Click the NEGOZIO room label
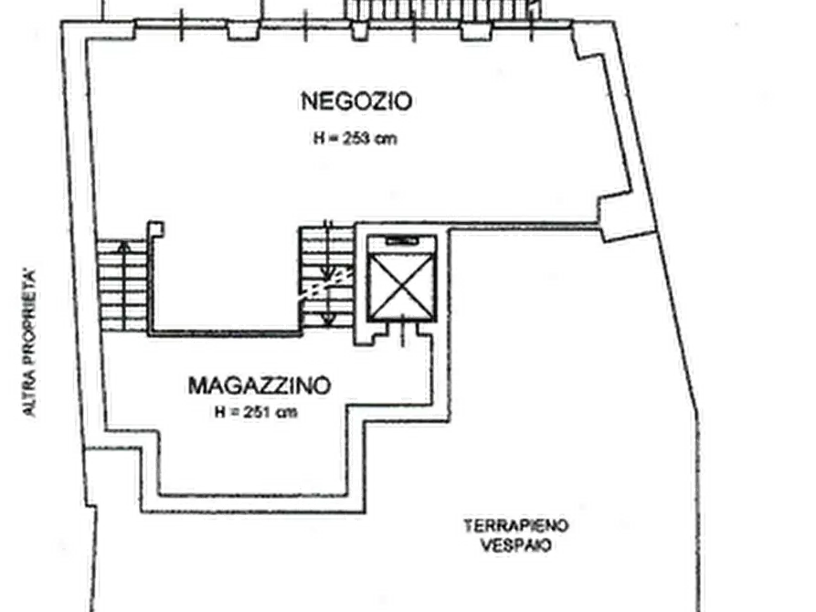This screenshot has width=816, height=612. pyautogui.click(x=356, y=101)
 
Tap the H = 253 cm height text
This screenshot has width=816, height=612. pyautogui.click(x=355, y=139)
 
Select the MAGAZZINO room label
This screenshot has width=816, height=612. pyautogui.click(x=260, y=385)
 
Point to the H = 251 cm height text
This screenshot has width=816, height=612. pyautogui.click(x=256, y=412)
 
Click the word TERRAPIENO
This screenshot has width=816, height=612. pyautogui.click(x=515, y=525)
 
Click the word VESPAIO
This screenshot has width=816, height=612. pyautogui.click(x=515, y=545)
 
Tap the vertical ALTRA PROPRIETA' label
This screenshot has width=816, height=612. pyautogui.click(x=29, y=342)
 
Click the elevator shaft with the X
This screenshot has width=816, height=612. pyautogui.click(x=402, y=280)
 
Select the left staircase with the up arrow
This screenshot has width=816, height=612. pyautogui.click(x=122, y=285)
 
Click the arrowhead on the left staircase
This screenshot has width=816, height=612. pyautogui.click(x=123, y=245)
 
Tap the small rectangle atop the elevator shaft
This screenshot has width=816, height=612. pyautogui.click(x=402, y=240)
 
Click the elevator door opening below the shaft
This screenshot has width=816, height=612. pyautogui.click(x=402, y=333)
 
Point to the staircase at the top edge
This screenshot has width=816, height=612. pyautogui.click(x=442, y=10)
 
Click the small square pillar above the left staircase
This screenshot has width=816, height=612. pyautogui.click(x=155, y=229)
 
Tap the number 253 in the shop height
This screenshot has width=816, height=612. pyautogui.click(x=356, y=139)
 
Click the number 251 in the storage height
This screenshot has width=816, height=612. pyautogui.click(x=257, y=412)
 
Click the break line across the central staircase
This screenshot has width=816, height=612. pyautogui.click(x=326, y=283)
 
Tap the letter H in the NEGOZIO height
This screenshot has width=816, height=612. pyautogui.click(x=318, y=139)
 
